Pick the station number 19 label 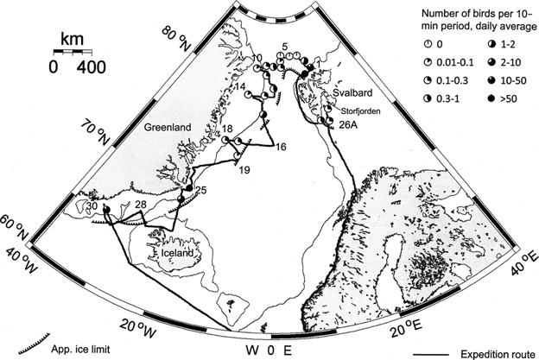coord(244,169)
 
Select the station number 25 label coord(200,189)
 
